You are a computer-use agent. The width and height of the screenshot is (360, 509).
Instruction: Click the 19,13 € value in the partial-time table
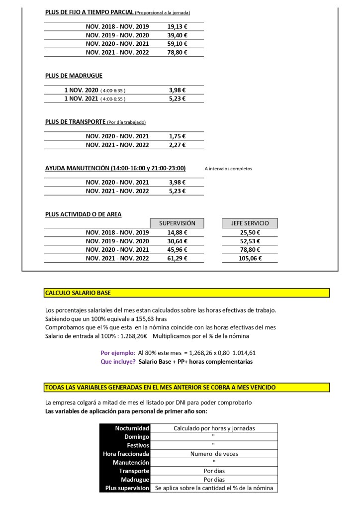tap(177, 26)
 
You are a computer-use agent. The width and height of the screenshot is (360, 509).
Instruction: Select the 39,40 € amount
tap(177, 35)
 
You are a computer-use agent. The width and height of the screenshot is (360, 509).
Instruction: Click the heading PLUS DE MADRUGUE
tap(74, 76)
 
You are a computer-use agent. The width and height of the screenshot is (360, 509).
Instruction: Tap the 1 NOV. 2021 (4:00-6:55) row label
tap(94, 99)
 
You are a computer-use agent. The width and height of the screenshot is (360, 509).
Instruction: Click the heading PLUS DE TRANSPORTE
tap(75, 122)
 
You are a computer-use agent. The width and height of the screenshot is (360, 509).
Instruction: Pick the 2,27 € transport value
tap(177, 145)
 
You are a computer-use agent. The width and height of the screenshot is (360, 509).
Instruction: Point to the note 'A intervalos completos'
tap(228, 169)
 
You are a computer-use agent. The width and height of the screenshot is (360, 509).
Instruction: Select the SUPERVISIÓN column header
tap(177, 223)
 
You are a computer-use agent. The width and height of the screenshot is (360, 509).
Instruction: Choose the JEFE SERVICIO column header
tap(250, 223)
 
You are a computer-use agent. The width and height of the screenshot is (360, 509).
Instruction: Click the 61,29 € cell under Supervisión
tap(177, 258)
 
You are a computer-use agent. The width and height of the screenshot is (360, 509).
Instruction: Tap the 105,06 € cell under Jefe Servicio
tap(250, 258)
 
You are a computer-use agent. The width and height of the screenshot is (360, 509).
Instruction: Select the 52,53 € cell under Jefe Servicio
tap(250, 241)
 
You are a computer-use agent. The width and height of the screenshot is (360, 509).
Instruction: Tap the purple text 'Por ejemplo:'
tap(118, 353)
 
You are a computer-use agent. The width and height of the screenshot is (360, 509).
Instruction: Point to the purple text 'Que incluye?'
tap(118, 362)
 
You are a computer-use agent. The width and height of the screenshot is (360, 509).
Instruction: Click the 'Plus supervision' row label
tap(127, 489)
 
